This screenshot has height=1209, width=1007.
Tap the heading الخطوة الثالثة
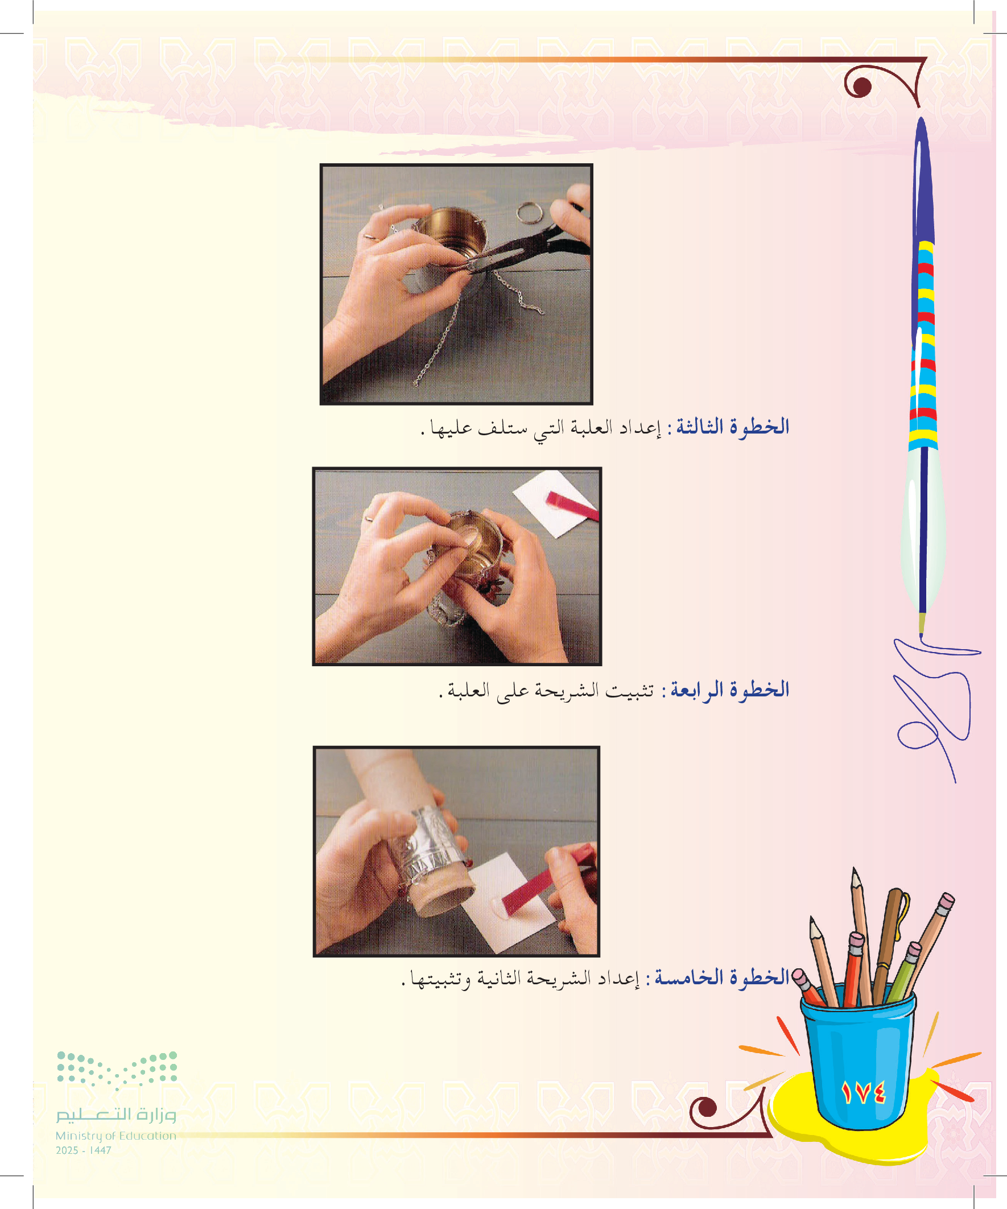[x=732, y=427]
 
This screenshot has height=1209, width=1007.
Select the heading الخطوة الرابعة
[x=730, y=689]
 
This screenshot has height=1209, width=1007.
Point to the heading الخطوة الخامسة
[x=722, y=977]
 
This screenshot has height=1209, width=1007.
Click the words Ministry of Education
[x=115, y=1136]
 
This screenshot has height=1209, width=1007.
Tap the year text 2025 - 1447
[x=84, y=1150]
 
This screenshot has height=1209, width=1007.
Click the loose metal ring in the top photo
[x=530, y=213]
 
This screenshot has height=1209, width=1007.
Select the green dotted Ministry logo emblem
[x=117, y=1071]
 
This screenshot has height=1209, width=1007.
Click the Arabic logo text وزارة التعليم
[x=115, y=1115]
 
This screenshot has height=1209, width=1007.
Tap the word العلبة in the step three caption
[x=592, y=428]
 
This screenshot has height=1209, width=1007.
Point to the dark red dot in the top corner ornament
[x=862, y=87]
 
